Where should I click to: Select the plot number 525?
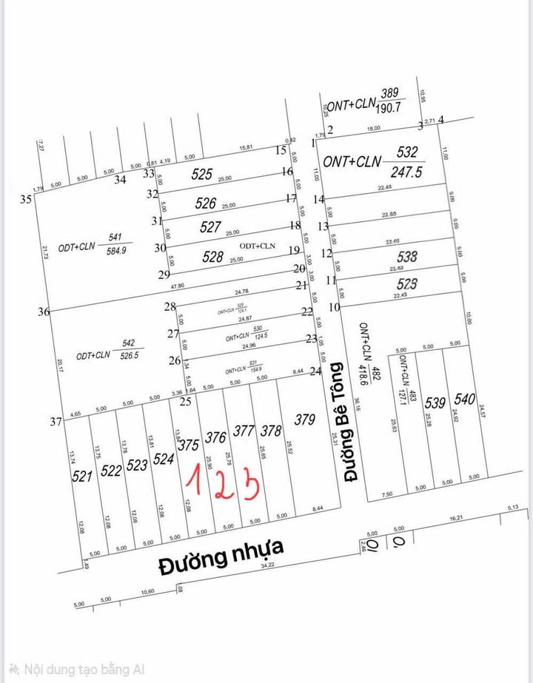click(201, 175)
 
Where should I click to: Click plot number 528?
click(212, 257)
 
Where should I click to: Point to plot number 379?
click(304, 420)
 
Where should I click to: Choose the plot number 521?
click(83, 476)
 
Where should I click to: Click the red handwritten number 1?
click(194, 481)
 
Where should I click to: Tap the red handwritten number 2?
click(222, 484)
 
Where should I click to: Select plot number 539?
click(435, 403)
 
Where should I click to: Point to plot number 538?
click(407, 258)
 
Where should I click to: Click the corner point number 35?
click(26, 199)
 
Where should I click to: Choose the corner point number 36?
click(44, 312)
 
